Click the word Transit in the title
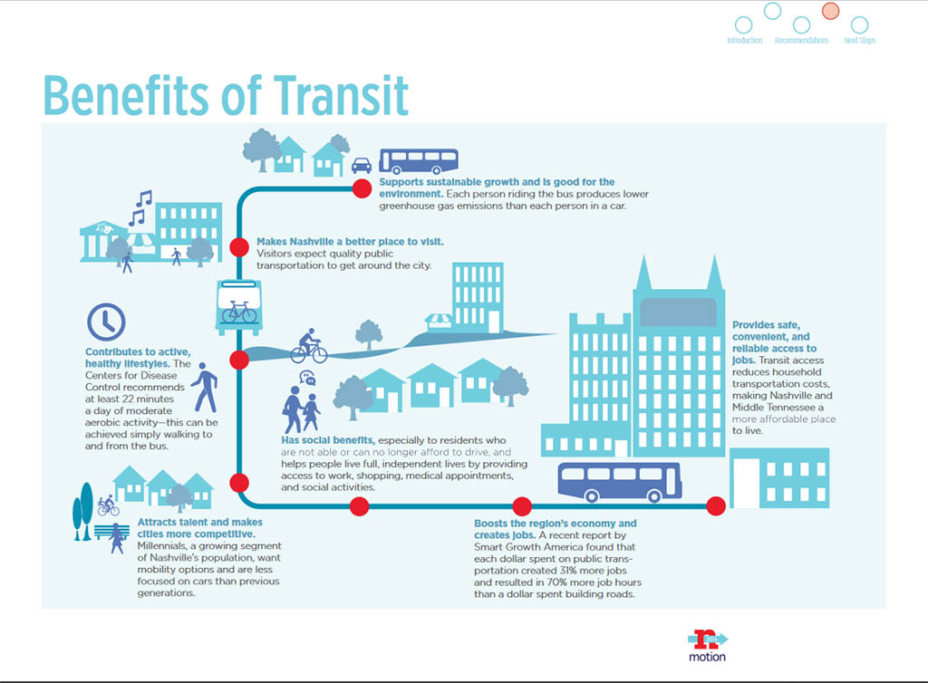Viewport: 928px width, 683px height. [x=341, y=95]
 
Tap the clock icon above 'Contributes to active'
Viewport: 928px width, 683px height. [x=106, y=322]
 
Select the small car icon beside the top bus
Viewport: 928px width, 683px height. [x=362, y=165]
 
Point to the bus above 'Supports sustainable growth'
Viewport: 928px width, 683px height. [x=419, y=161]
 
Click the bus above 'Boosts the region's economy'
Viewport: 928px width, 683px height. [x=620, y=482]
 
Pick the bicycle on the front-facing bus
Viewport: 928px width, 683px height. [x=239, y=312]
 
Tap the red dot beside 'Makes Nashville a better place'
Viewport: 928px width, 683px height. [x=239, y=247]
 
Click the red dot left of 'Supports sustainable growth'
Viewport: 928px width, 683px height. [x=362, y=188]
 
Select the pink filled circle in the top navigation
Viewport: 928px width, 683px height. [x=830, y=11]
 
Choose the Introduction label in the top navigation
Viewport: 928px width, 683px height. [x=745, y=40]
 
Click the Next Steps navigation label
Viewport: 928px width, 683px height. [x=859, y=40]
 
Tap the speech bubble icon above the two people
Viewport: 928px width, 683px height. [x=307, y=377]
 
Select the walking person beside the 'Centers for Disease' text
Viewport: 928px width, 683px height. [x=206, y=388]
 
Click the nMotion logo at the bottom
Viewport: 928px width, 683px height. [x=707, y=646]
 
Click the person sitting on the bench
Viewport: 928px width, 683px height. [x=117, y=538]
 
